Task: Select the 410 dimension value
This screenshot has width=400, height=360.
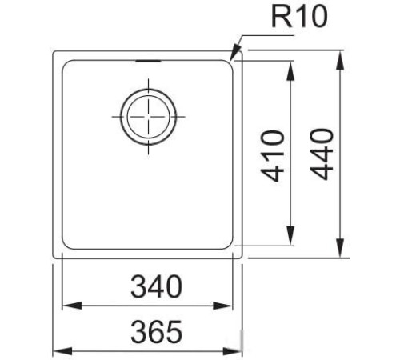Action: click(274, 154)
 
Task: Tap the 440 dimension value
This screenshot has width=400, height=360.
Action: click(321, 154)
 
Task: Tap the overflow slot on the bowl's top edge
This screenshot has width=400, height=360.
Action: click(146, 59)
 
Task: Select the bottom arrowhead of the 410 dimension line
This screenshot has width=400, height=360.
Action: click(290, 241)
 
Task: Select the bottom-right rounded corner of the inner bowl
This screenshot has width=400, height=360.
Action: click(231, 243)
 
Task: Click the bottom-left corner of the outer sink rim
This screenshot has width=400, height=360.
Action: click(54, 257)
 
